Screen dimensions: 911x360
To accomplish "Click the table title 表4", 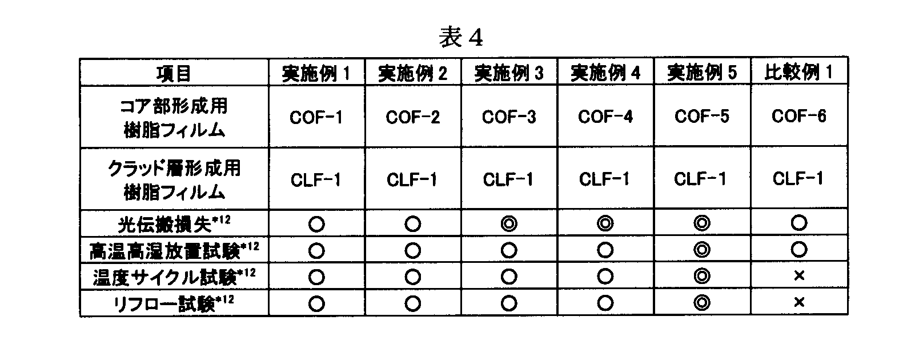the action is coord(460,37).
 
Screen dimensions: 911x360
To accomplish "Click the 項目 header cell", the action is coord(174,74).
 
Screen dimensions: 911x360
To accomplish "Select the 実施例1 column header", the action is coord(316,73).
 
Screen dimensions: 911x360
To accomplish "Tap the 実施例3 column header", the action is coord(509,73).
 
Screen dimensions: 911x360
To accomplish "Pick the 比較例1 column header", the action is coord(798,73).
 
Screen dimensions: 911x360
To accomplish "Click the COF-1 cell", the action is coord(316,118).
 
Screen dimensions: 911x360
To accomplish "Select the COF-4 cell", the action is coord(605,117).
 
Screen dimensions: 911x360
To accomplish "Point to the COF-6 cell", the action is coord(798,116).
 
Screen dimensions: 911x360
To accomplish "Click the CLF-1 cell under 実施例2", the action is coord(412,179).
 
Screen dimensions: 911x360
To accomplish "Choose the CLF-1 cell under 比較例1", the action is coord(798,178).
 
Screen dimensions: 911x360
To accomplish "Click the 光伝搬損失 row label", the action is coord(174,223).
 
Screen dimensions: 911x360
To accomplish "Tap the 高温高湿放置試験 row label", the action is coord(174,250).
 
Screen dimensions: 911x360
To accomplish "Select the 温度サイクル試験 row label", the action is coord(174,277).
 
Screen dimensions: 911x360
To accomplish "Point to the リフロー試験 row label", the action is coord(174,303).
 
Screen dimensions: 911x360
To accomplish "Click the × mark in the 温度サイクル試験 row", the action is coord(799,276).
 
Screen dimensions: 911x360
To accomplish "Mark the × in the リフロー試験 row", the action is coord(799,302).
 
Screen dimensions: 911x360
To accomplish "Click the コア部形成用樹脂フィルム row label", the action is coord(174,118).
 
